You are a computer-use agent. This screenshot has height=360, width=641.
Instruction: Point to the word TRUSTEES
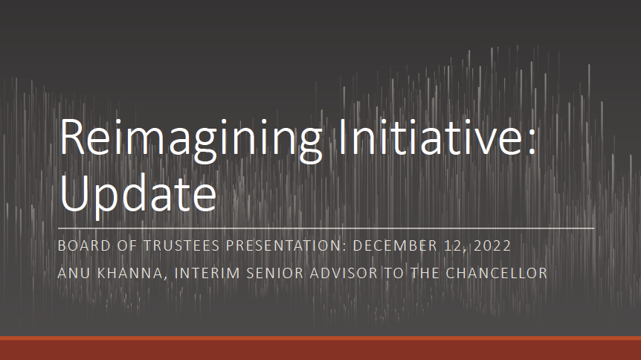[181, 245]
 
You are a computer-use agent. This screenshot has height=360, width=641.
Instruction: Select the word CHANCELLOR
[496, 273]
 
